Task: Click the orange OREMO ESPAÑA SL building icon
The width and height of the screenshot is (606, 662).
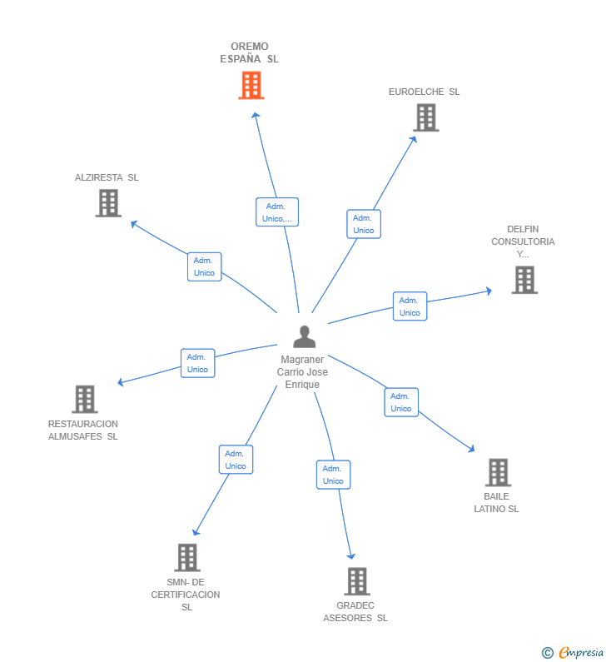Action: (251, 85)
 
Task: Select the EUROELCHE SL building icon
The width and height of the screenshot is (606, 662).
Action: (425, 117)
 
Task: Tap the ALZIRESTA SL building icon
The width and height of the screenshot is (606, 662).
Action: (108, 202)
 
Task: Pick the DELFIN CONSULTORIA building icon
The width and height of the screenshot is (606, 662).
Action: (524, 280)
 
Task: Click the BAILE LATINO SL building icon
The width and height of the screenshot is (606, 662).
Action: (497, 472)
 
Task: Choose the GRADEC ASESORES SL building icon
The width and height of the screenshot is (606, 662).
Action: (356, 581)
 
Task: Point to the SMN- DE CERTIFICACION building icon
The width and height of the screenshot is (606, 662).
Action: (187, 557)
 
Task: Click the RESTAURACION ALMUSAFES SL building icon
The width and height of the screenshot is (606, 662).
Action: (84, 399)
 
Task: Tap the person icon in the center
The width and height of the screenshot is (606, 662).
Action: (305, 337)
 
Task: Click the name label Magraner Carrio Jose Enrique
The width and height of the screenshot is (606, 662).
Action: (303, 372)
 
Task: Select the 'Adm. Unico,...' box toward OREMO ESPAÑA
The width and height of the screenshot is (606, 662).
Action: (276, 212)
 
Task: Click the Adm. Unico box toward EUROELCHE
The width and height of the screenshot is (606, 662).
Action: (364, 224)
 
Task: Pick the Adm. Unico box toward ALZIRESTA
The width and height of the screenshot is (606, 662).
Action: (204, 266)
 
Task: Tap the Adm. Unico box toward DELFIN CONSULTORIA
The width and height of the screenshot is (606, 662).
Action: (410, 306)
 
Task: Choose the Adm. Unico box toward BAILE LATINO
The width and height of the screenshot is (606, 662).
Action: (401, 402)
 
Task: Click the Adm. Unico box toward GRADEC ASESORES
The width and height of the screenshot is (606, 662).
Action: (333, 475)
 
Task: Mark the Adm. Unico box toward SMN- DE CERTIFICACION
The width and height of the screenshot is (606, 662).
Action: (236, 460)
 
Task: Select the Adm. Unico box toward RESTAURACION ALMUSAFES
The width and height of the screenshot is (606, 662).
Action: (197, 363)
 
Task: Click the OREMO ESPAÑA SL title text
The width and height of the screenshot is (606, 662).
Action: (250, 52)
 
